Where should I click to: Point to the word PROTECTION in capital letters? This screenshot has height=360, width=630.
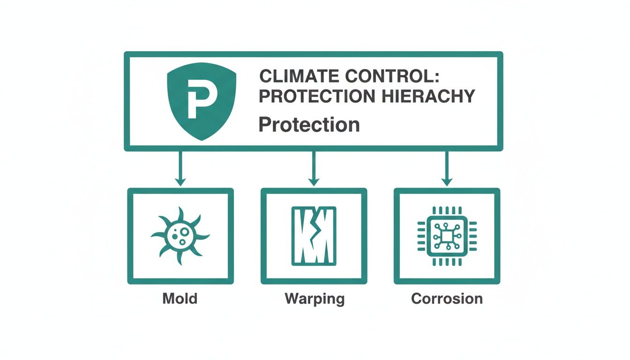[316, 96]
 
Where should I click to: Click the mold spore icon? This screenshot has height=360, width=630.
[180, 235]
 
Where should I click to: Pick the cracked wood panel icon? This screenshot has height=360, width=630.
[313, 236]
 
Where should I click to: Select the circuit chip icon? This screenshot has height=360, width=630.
[447, 235]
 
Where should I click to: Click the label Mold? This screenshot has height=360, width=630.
[180, 298]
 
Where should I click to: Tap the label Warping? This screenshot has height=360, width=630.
[314, 299]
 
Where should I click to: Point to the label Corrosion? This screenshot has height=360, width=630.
[447, 298]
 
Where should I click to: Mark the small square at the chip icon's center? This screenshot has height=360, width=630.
[447, 235]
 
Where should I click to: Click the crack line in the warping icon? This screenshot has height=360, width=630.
[315, 234]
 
